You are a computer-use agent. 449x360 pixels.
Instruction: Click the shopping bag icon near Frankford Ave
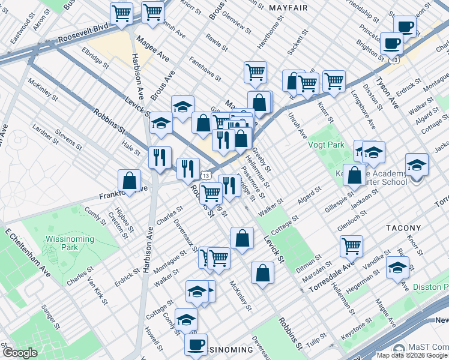130,180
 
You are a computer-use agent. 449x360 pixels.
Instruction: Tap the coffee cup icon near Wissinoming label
195,344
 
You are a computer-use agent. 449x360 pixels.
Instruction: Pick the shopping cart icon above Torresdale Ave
351,245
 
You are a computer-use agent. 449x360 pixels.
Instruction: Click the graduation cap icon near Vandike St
397,267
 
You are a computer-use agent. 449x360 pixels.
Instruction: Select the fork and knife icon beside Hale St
160,157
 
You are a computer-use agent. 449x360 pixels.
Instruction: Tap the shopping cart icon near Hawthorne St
255,72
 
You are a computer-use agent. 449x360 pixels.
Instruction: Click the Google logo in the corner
20,353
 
